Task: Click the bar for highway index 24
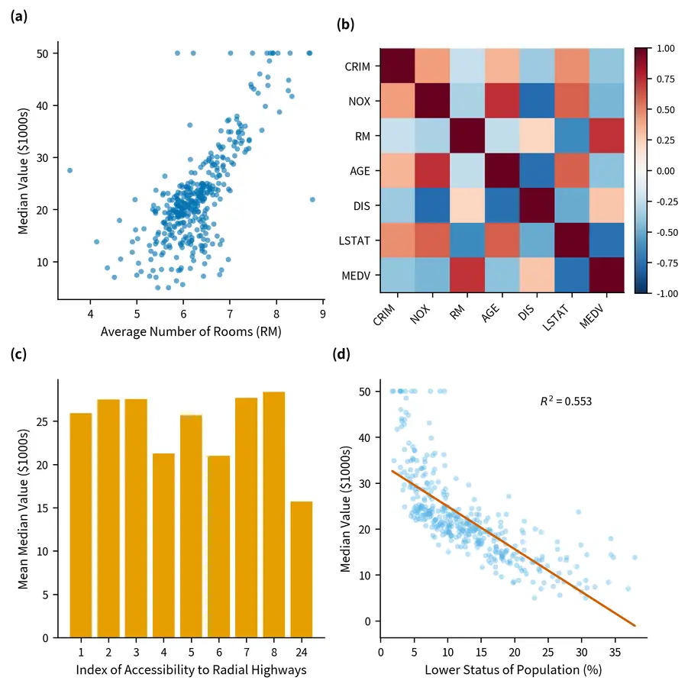[x=302, y=569]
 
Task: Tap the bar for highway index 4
[x=163, y=545]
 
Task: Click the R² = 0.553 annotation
[x=566, y=400]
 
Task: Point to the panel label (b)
[x=346, y=24]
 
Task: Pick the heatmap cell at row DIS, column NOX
[x=432, y=205]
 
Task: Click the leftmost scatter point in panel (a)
[x=70, y=170]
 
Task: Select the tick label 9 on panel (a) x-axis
[x=323, y=313]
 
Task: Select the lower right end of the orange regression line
[x=635, y=626]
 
